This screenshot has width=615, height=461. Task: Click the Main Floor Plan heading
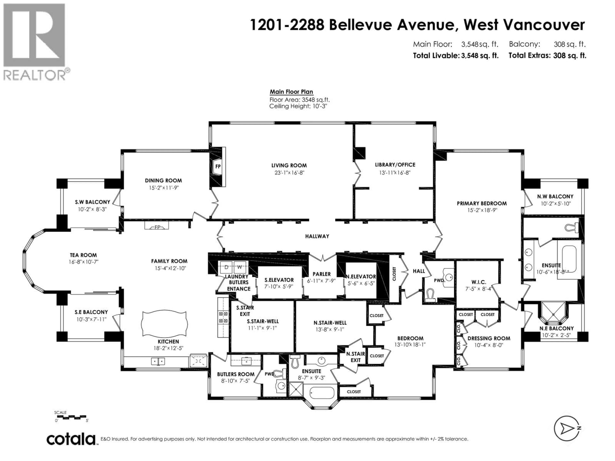(x=291, y=92)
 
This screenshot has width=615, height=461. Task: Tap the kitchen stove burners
(x=224, y=317)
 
